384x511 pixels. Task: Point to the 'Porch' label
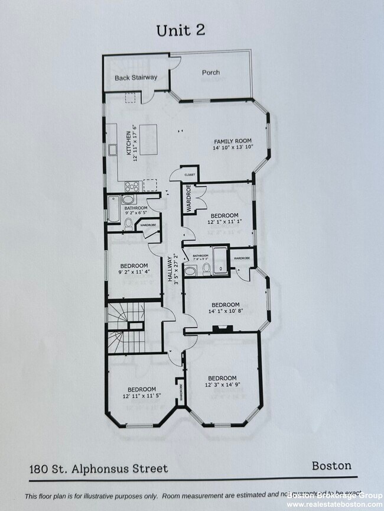(211, 73)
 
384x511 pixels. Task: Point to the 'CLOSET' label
(190, 175)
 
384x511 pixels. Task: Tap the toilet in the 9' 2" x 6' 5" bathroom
(128, 223)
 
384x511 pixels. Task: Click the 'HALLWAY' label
(170, 270)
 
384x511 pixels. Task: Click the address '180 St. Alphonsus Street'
(99, 469)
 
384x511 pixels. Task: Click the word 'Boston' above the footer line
(331, 465)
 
